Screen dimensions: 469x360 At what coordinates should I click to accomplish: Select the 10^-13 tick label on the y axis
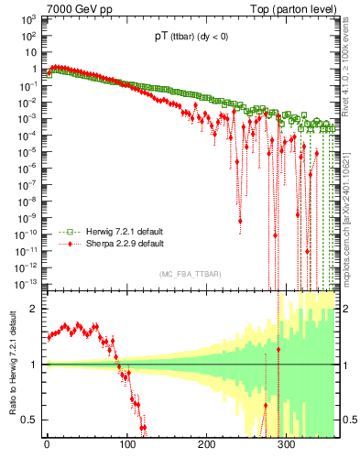pos(25,283)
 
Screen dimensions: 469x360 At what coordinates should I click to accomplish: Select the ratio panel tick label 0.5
pos(28,420)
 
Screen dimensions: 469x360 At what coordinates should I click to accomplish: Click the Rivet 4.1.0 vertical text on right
pos(348,64)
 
